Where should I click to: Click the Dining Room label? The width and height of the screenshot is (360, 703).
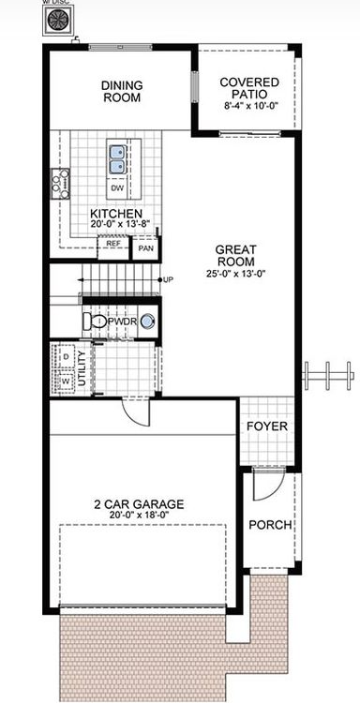point(122,91)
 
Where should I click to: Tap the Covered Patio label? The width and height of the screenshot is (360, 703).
point(249,88)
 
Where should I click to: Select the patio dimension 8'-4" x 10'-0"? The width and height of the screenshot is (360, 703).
point(249,108)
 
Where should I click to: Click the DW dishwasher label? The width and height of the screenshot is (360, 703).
point(117,188)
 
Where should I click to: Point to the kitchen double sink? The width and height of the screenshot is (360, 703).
point(118,159)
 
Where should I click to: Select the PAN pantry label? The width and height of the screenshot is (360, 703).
point(144,248)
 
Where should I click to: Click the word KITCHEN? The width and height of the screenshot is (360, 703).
point(116,214)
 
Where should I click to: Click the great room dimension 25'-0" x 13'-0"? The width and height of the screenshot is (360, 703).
point(235,274)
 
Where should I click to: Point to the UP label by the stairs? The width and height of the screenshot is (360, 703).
point(168,279)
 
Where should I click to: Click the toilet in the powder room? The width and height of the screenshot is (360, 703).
point(95,322)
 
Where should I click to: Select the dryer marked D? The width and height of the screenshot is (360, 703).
point(66,357)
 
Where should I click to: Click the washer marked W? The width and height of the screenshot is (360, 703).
point(66,381)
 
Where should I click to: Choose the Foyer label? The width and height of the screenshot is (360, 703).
point(266,426)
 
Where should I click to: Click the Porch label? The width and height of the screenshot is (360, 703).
point(270,525)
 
